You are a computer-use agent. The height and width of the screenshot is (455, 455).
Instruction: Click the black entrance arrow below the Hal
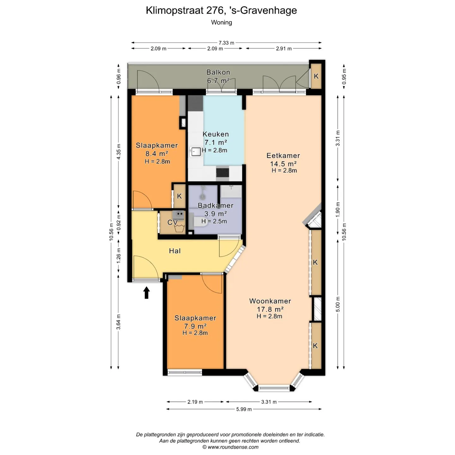tap(147, 293)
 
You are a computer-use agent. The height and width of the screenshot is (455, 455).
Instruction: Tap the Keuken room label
tap(216, 134)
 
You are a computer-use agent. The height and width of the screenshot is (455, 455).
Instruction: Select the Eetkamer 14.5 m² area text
tap(283, 164)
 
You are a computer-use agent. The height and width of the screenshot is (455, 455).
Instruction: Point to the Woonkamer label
tap(270, 301)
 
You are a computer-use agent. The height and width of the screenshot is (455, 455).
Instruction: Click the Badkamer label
tap(215, 205)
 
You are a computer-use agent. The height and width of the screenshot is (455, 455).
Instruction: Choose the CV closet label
tap(173, 222)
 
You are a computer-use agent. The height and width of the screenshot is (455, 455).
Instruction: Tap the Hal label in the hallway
tap(175, 251)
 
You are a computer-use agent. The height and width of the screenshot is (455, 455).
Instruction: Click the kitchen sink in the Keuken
tap(196, 152)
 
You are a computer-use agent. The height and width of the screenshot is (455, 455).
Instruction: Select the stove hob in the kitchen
tap(222, 172)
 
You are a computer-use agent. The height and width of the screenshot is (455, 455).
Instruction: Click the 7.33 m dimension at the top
tap(227, 43)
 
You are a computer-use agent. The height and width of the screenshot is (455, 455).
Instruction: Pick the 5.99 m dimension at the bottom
tap(244, 409)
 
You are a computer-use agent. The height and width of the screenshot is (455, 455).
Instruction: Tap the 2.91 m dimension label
tap(284, 49)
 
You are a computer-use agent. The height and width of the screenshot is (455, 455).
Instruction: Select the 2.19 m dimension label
tap(195, 402)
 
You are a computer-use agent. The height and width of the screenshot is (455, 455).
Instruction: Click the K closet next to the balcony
tap(316, 76)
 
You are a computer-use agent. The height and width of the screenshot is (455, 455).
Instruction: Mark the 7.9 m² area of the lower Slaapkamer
tap(195, 326)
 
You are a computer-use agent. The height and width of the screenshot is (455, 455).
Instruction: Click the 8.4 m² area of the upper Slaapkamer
tap(157, 154)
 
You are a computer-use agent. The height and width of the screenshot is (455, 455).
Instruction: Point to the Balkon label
tap(218, 72)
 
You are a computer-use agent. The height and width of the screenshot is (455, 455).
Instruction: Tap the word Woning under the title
tap(221, 22)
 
